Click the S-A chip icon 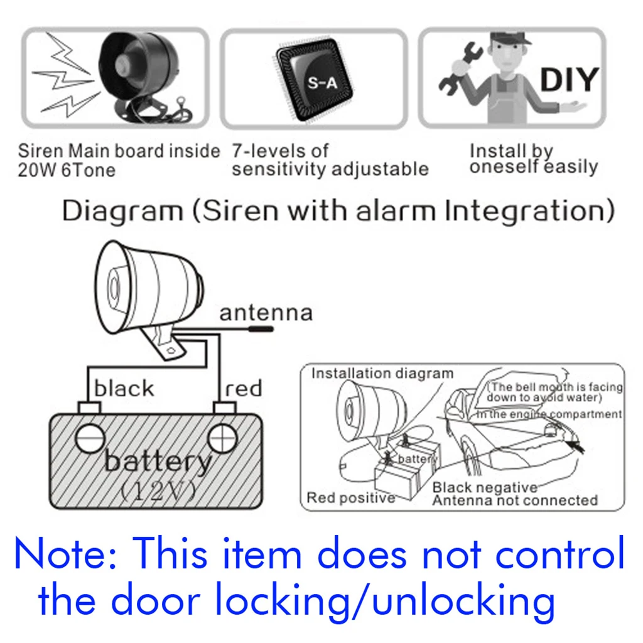314,82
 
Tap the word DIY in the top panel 568,80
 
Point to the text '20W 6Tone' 67,170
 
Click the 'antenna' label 265,313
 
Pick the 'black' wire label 124,389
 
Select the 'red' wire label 243,389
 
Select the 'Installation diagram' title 382,373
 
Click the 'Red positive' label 350,499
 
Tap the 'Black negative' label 485,487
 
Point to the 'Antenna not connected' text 515,500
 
